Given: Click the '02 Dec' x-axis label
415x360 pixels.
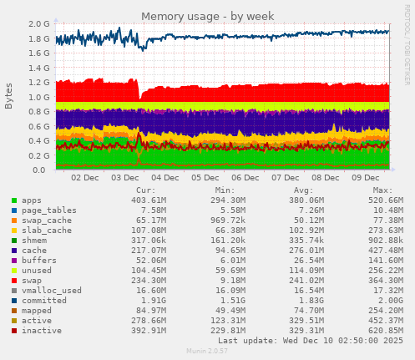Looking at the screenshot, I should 86,178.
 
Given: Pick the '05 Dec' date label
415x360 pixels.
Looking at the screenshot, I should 205,178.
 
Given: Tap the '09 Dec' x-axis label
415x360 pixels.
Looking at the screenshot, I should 365,178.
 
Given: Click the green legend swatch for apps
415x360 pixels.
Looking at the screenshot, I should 14,200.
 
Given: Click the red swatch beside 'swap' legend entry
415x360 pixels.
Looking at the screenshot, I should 14,280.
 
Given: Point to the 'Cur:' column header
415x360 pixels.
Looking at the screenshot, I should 145,190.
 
